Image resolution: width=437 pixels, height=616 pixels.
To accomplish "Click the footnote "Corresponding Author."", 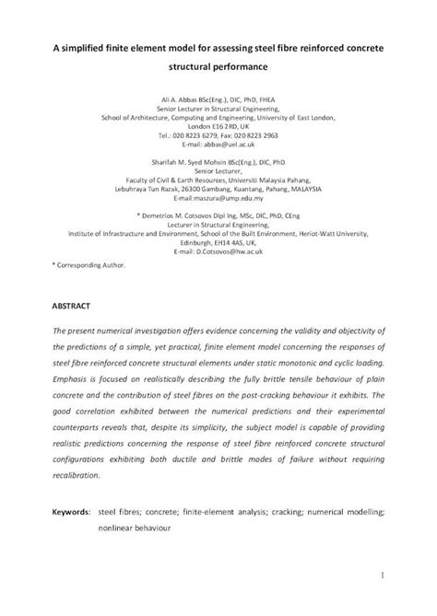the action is click(x=90, y=264).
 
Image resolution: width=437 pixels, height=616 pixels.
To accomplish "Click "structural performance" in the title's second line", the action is click(x=218, y=67).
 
